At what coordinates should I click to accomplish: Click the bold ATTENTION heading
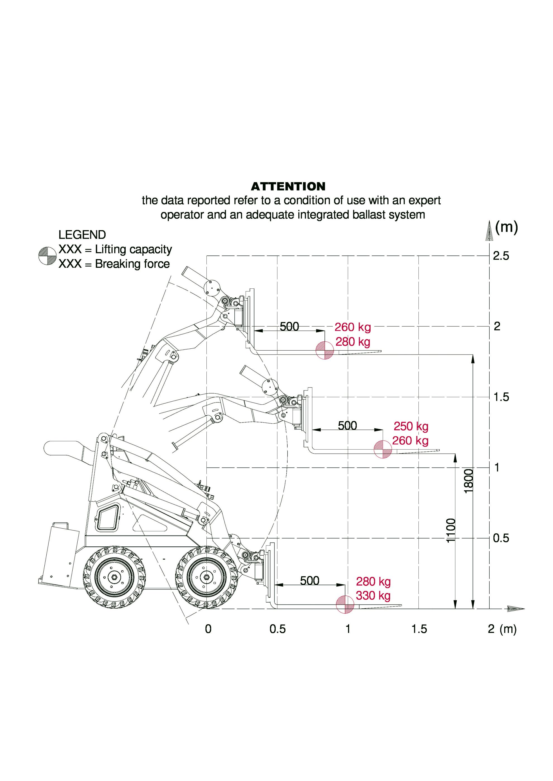[x=288, y=186]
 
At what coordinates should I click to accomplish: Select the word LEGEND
[x=82, y=235]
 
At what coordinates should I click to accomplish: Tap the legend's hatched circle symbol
[x=47, y=255]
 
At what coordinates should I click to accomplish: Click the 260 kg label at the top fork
[x=352, y=327]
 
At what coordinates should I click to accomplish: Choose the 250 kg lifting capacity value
[x=411, y=426]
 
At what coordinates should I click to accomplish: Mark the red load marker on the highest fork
[x=325, y=350]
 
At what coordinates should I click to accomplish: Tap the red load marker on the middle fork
[x=383, y=449]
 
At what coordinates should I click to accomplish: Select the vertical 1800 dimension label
[x=469, y=481]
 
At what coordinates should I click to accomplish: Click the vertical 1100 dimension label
[x=450, y=530]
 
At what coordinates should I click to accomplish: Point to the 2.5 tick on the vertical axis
[x=501, y=256]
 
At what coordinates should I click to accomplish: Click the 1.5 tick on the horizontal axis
[x=419, y=629]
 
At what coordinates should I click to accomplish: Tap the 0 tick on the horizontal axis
[x=208, y=629]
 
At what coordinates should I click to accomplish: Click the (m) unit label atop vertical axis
[x=506, y=227]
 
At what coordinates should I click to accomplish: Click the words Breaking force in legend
[x=132, y=264]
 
